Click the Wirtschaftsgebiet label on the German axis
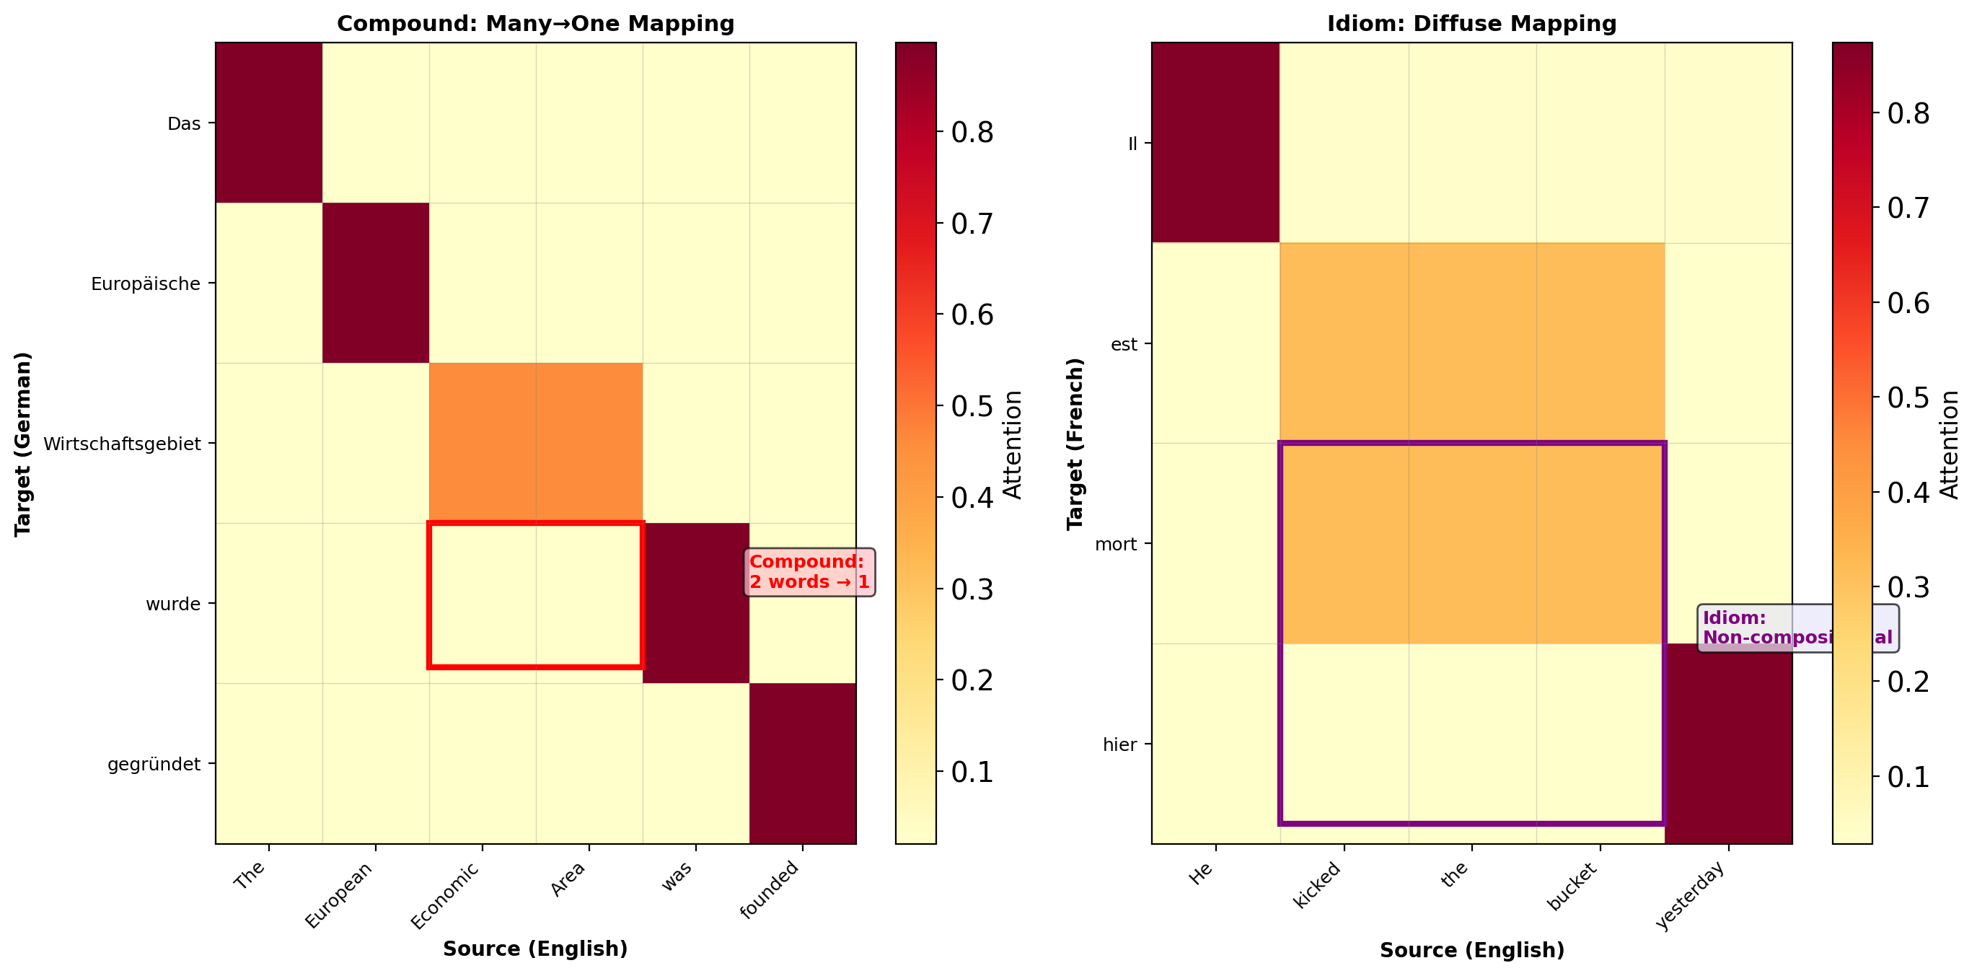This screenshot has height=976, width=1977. (x=122, y=444)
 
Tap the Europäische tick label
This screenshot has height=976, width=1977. (x=145, y=284)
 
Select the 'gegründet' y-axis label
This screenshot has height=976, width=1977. (x=154, y=764)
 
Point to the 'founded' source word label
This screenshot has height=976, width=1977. (x=770, y=889)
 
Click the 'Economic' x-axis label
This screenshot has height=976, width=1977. (x=445, y=895)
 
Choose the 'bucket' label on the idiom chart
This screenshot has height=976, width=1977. (x=1572, y=887)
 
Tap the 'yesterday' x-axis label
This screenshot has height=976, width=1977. (x=1691, y=894)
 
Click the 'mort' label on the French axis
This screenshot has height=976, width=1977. (x=1115, y=545)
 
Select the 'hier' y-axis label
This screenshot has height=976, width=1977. (x=1119, y=745)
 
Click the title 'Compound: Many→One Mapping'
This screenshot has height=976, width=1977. (x=536, y=24)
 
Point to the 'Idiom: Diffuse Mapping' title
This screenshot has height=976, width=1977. (x=1471, y=24)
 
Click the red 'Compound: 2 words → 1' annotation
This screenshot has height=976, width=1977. (x=809, y=571)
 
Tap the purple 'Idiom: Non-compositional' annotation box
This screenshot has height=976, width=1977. (x=1797, y=628)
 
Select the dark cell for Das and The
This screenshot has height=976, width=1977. (x=268, y=123)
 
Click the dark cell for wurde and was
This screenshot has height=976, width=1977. (x=696, y=603)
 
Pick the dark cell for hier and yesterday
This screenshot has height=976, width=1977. (x=1728, y=744)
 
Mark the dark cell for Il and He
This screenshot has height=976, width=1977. (x=1215, y=143)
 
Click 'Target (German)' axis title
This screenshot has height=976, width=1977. (x=23, y=444)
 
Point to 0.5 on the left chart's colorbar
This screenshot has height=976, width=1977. (x=972, y=407)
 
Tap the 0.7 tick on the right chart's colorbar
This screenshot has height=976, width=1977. (x=1908, y=208)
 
